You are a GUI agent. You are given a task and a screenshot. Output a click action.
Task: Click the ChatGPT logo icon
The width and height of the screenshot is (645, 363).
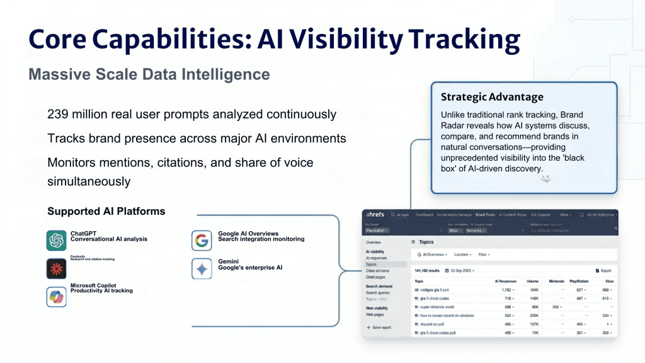[56, 240]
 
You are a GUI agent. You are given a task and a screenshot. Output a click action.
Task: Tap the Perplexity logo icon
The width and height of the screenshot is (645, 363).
[56, 268]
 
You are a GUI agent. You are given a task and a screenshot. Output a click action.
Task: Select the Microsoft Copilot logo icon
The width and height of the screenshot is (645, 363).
[56, 296]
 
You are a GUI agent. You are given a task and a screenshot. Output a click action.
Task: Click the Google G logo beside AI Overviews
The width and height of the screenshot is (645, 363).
[202, 240]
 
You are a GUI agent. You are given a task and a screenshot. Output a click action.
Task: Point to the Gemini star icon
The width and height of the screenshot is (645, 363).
[202, 268]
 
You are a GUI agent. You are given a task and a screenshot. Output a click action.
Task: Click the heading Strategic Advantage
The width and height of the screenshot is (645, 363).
[491, 97]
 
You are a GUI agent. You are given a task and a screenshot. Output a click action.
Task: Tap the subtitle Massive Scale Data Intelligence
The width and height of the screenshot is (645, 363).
[149, 74]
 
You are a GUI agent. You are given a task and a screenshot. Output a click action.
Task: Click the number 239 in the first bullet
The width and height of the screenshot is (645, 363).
[58, 115]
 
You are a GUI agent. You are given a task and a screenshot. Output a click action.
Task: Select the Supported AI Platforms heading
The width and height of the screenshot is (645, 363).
[106, 211]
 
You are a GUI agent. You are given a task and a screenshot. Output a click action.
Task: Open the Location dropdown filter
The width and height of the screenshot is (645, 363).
[464, 255]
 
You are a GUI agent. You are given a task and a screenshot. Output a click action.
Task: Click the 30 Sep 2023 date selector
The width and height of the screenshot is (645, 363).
[462, 270]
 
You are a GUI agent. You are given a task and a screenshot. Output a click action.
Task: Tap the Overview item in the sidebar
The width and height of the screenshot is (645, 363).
[374, 242]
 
